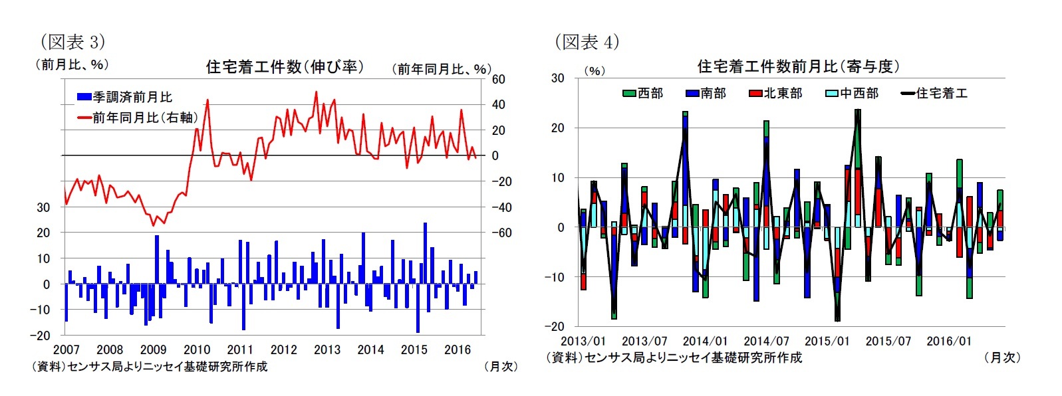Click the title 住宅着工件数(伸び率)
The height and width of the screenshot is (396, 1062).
285,66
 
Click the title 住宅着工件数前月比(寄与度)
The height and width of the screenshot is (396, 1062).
798,66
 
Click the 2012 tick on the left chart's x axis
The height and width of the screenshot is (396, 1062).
284,349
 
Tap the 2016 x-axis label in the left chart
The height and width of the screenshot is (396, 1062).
458,349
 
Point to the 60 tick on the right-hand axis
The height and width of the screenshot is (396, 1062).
498,79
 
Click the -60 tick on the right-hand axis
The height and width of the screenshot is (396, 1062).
501,233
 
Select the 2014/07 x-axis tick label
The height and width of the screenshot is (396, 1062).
766,341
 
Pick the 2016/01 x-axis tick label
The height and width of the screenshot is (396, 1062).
949,341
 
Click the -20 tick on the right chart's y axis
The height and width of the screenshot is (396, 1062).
554,326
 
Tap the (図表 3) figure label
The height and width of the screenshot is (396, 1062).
72,42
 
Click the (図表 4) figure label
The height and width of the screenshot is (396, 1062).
587,42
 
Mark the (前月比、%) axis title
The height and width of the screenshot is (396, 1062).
71,64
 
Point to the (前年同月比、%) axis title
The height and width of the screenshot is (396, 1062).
441,69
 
